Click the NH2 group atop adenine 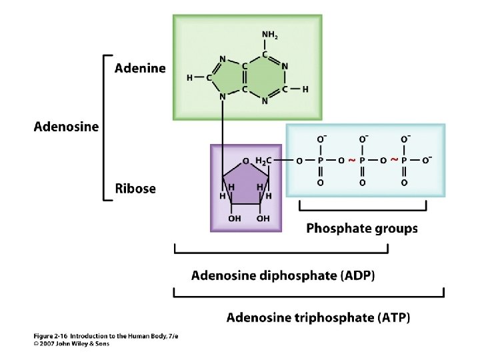[x=269, y=34]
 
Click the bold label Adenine [x=140, y=68]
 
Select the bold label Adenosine [x=66, y=127]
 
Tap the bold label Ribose [x=135, y=189]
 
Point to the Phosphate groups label [x=362, y=229]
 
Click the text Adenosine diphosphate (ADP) [x=283, y=275]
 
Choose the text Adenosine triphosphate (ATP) [x=319, y=317]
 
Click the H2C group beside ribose [x=263, y=160]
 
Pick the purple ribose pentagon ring [x=246, y=184]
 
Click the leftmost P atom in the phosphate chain [x=321, y=161]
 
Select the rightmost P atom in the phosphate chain [x=405, y=161]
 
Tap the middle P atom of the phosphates [x=363, y=161]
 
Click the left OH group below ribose [x=235, y=218]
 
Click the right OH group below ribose [x=263, y=218]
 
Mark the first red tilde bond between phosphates [x=352, y=160]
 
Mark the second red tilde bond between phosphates [x=394, y=160]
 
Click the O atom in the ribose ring [x=246, y=161]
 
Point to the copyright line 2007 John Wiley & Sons [x=63, y=344]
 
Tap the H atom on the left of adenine [x=190, y=77]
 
